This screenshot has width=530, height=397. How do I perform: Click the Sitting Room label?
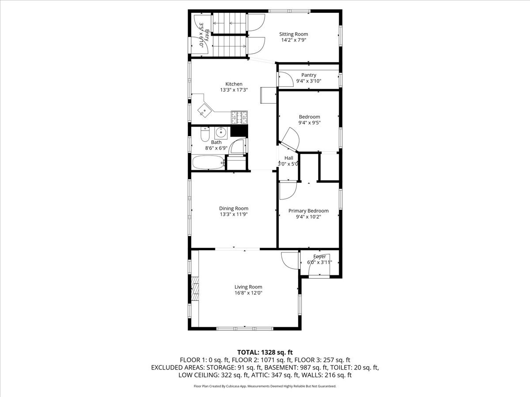293,34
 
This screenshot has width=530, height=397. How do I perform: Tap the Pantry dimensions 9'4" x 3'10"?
308,81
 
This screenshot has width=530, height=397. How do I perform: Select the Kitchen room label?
234,84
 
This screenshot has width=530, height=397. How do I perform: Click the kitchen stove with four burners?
239,117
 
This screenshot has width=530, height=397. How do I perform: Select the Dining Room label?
234,208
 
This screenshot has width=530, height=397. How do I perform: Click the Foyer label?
319,256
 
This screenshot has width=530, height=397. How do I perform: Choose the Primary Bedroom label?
308,211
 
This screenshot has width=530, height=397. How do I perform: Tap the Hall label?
288,158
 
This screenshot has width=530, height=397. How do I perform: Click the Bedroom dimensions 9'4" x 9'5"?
309,123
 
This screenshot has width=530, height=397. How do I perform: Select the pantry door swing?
285,79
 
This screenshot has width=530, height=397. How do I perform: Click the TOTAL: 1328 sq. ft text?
265,352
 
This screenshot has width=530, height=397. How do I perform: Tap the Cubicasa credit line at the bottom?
265,386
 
